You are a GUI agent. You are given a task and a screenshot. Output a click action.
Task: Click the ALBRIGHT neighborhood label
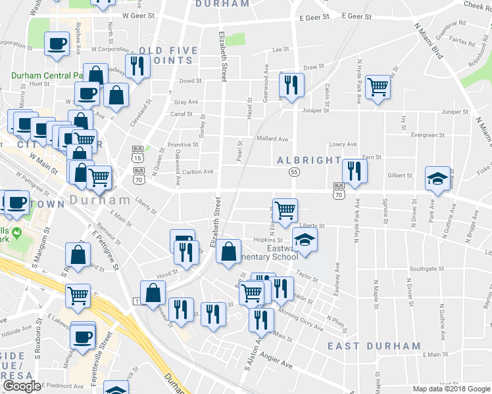coord(308,161)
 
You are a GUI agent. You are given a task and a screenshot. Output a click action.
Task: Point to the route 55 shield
coord(294,172)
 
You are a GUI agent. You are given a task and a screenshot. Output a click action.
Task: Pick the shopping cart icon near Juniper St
coord(378,85)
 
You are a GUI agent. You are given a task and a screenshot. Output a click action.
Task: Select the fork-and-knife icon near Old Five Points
coord(137,66)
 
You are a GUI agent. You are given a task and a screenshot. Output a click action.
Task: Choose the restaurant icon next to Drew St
coord(290,84)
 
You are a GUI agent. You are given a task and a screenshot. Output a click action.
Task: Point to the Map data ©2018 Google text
coord(451,389)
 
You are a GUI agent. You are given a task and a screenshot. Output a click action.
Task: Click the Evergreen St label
coord(428,135)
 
